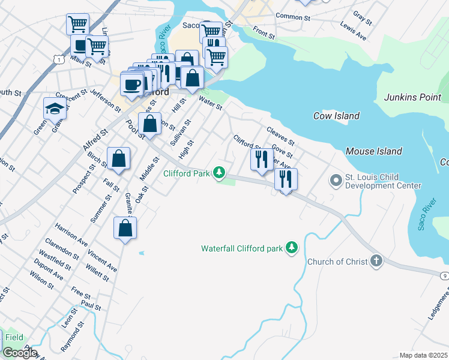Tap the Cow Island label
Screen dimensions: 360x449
[336, 116]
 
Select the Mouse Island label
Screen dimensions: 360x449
[374, 151]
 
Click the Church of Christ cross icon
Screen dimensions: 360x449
[376, 261]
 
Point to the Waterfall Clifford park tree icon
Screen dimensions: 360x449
[291, 247]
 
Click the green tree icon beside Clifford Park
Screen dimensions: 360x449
[219, 173]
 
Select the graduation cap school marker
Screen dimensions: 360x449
[55, 108]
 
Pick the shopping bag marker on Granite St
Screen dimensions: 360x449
[125, 228]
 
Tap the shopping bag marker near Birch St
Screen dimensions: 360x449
[119, 159]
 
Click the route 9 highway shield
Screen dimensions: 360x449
[444, 274]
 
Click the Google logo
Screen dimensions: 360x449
[19, 353]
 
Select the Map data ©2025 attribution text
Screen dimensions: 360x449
[423, 355]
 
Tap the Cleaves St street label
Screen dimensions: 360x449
[281, 136]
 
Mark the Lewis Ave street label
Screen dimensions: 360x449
[354, 32]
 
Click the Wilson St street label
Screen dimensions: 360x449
[42, 283]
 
